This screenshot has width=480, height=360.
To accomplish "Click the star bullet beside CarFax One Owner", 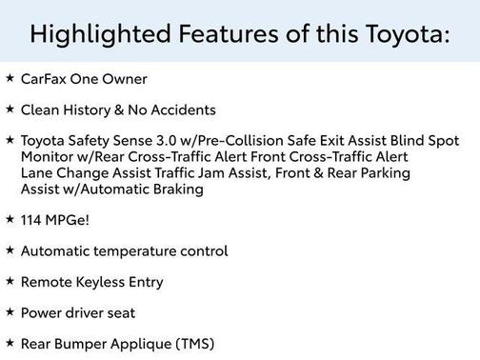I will pyautogui.click(x=10, y=78).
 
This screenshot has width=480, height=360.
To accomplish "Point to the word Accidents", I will pyautogui.click(x=185, y=110).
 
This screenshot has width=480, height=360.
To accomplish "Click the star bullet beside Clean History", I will pyautogui.click(x=10, y=109).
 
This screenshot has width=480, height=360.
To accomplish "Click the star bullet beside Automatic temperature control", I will pyautogui.click(x=10, y=250).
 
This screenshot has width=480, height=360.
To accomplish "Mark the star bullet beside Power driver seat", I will pyautogui.click(x=10, y=311).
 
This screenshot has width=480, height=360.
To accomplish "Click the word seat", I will pyautogui.click(x=119, y=312).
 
